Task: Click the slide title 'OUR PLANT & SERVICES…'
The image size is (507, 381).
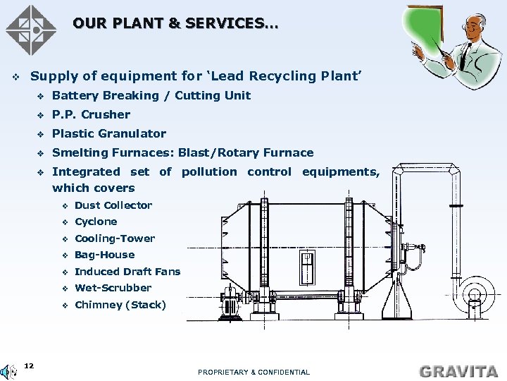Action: click(175, 24)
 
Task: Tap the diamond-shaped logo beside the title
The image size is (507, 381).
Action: click(31, 30)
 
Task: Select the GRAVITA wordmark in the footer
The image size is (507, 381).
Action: click(458, 370)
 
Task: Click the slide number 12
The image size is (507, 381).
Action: click(29, 365)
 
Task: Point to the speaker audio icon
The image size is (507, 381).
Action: click(8, 372)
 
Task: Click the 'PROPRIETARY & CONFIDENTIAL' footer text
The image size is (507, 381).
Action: click(254, 372)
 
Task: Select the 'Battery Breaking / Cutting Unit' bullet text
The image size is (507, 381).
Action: click(151, 95)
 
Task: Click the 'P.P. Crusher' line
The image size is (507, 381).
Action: click(92, 114)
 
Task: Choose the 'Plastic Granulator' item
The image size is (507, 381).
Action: click(109, 133)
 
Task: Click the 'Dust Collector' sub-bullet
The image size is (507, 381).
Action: click(113, 205)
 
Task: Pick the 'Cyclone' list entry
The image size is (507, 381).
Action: click(96, 222)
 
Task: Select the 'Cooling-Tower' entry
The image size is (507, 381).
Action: click(115, 238)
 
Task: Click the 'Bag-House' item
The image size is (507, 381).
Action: click(104, 255)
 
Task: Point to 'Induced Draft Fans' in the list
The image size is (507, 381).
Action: click(127, 272)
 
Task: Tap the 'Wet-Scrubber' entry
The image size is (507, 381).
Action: click(113, 288)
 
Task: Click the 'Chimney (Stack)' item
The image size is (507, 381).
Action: click(120, 305)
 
